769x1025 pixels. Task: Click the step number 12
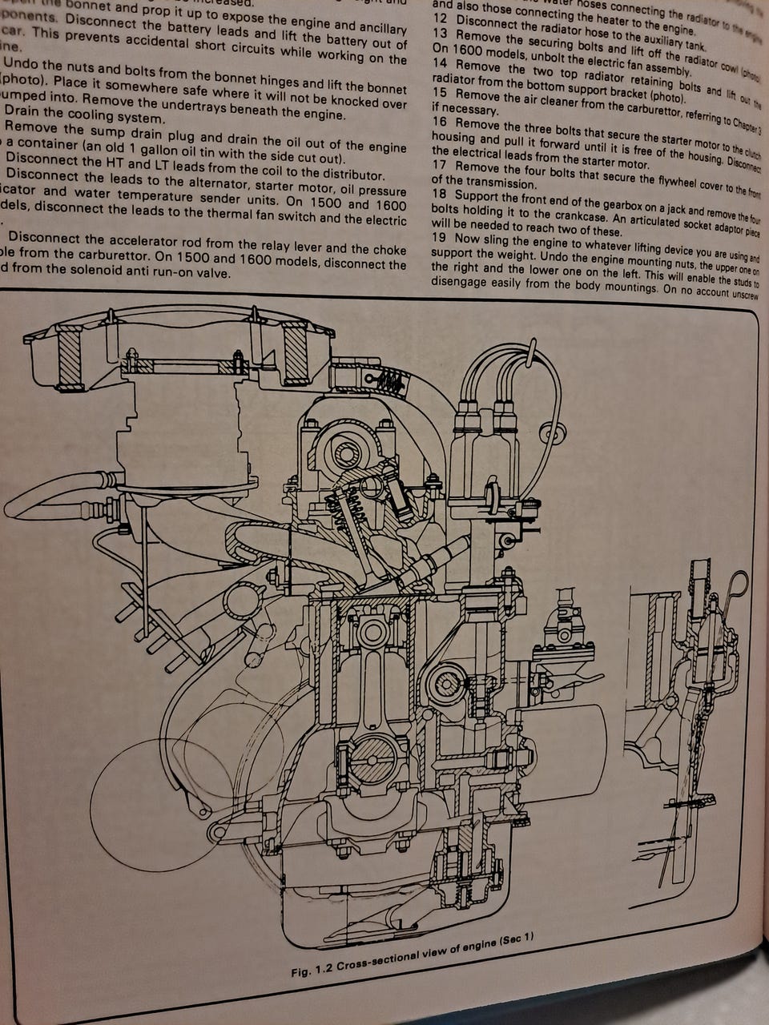coord(439,18)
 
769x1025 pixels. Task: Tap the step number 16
coord(439,122)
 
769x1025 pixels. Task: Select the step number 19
coord(439,238)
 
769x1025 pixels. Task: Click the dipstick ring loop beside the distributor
coord(739,585)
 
